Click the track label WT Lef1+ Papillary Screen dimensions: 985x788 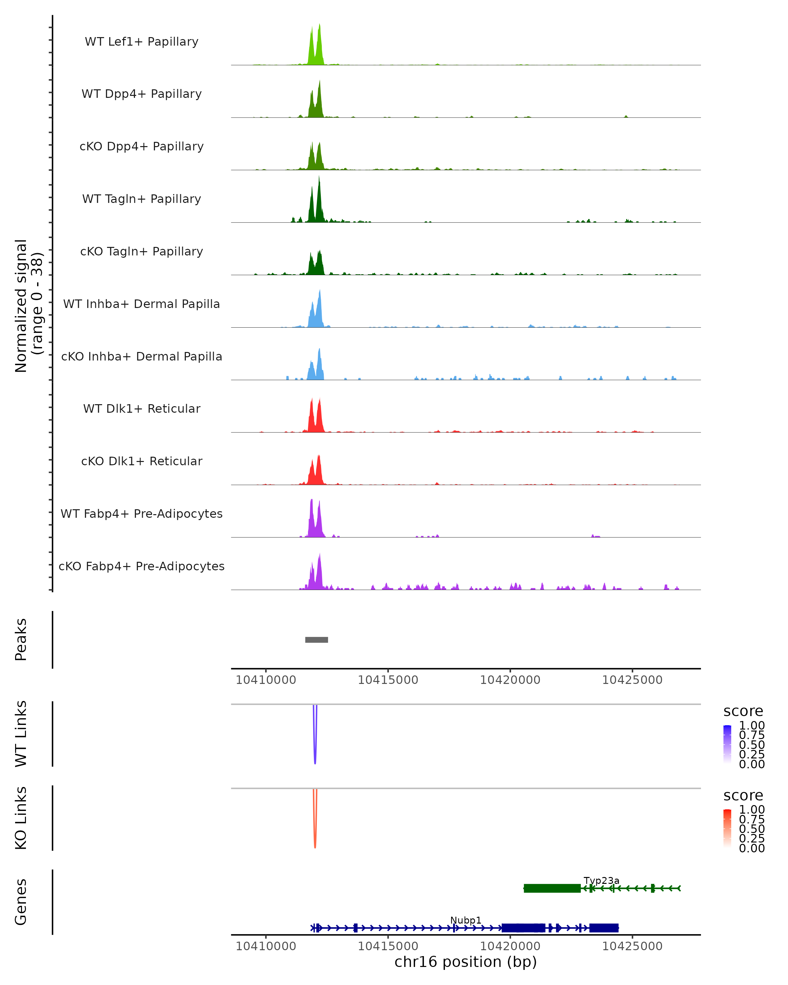[142, 42]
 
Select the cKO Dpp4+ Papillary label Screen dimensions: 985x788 [142, 146]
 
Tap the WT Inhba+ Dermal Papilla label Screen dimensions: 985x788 [142, 304]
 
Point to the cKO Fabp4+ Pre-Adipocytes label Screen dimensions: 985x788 [142, 566]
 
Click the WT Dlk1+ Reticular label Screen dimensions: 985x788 [142, 408]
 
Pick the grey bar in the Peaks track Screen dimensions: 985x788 [317, 640]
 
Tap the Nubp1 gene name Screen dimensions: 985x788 [466, 920]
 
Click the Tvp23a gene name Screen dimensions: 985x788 [601, 880]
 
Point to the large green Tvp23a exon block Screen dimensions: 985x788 [552, 888]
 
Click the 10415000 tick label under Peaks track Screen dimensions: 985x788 [388, 680]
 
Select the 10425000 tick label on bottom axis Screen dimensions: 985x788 [632, 946]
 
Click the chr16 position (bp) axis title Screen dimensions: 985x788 [466, 962]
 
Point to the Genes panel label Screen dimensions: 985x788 [21, 902]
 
